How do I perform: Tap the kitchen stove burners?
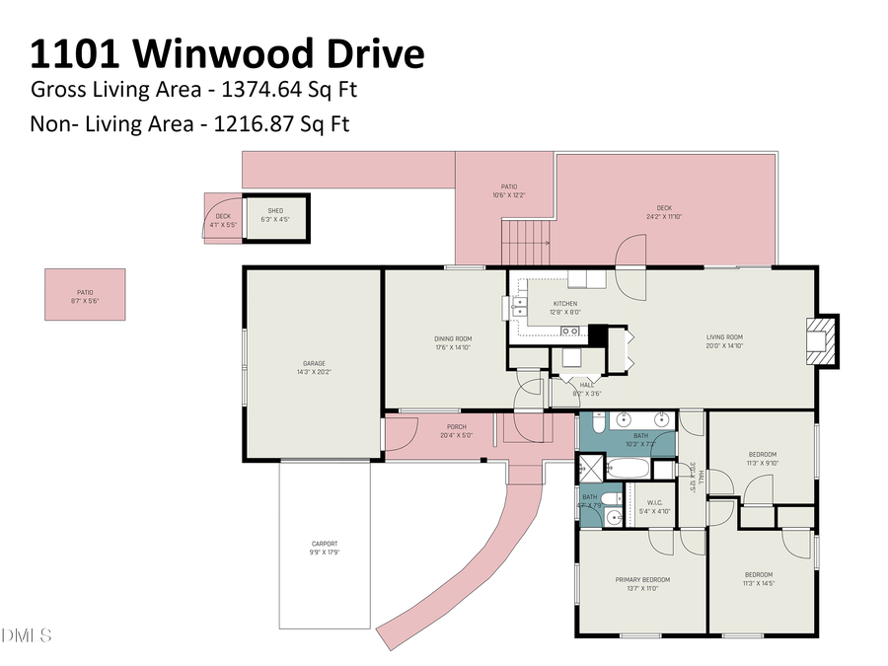click(x=569, y=330)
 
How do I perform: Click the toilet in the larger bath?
click(x=599, y=424)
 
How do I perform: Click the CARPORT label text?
click(x=325, y=544)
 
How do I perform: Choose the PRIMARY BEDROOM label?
click(x=642, y=579)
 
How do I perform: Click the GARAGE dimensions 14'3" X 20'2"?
click(x=314, y=373)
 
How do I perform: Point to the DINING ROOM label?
click(x=453, y=338)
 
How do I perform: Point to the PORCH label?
click(x=455, y=427)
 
